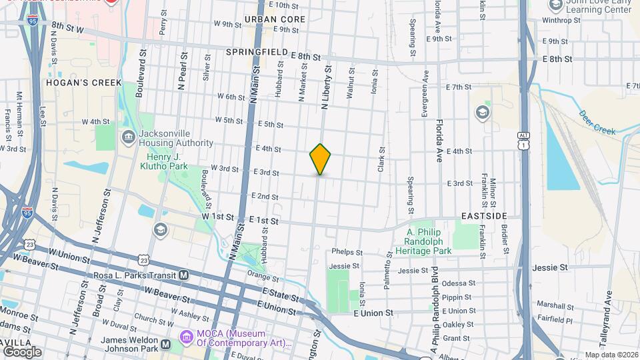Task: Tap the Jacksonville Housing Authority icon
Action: pos(127,138)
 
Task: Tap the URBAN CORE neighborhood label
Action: pos(275,19)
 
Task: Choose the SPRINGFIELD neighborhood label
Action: pos(257,52)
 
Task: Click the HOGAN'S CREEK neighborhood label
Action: pos(84,83)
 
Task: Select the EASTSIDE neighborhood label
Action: pos(485,217)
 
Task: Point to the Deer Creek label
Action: pos(597,123)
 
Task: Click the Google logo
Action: pos(22,351)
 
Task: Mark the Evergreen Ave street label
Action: pos(425,99)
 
